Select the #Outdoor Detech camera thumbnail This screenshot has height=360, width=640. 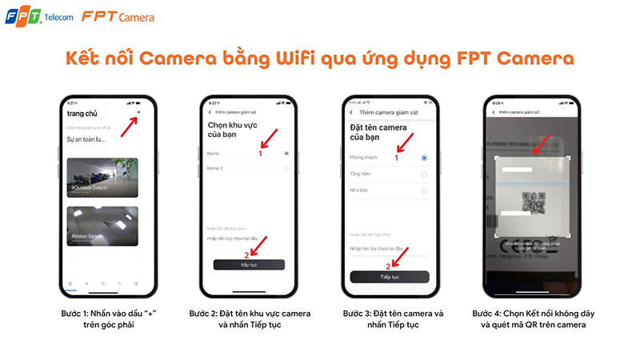(102, 178)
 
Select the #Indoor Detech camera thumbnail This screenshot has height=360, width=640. (102, 226)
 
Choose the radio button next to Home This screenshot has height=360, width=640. (286, 153)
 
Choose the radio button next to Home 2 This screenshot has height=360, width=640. (286, 169)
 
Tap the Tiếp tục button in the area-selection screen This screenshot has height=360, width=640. (248, 264)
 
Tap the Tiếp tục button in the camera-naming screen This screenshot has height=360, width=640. (390, 277)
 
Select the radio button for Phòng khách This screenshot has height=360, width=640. (424, 158)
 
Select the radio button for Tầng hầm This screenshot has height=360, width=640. (424, 174)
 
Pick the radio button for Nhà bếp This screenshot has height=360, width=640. (424, 190)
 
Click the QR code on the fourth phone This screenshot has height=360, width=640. (534, 202)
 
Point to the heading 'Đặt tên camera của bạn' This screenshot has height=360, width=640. (378, 133)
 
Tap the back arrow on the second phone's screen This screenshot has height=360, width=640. (210, 113)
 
